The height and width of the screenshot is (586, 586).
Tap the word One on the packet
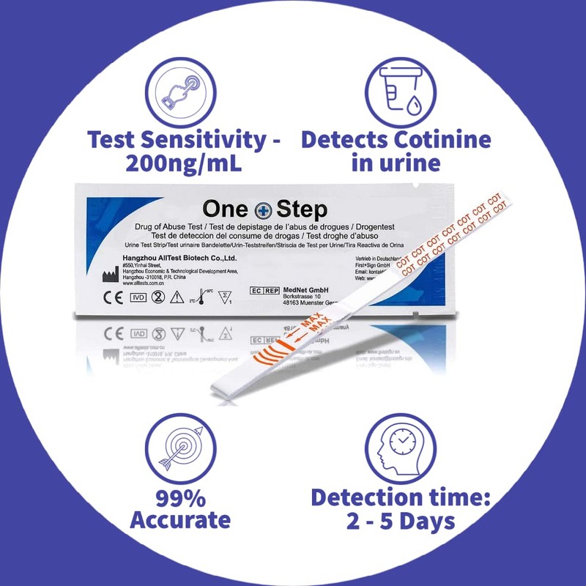(226, 211)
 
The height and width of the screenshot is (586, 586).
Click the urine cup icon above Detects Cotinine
(395, 92)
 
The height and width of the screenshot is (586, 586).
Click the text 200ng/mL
(182, 163)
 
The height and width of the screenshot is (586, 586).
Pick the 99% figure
(180, 497)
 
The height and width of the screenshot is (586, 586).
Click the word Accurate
(180, 521)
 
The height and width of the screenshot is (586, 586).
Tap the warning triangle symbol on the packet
(177, 297)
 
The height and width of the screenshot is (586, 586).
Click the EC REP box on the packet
(264, 291)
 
